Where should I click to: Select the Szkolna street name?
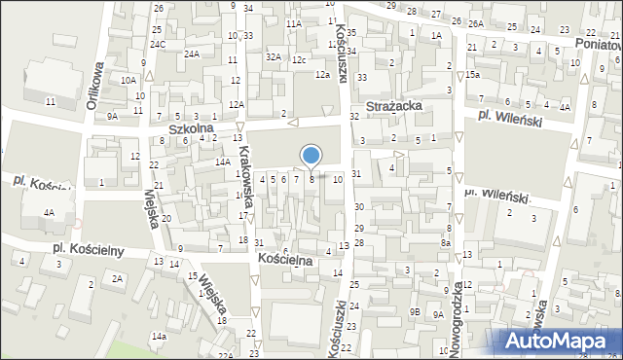(x=191, y=128)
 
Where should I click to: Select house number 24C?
(x=158, y=45)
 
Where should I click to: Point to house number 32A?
(x=274, y=57)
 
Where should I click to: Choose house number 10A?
(x=128, y=79)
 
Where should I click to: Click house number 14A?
(x=222, y=163)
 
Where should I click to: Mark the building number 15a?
(x=472, y=75)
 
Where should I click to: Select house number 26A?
(x=475, y=23)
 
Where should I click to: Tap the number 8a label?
(x=445, y=245)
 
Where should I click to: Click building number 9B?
(x=414, y=312)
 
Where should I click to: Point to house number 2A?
(x=117, y=278)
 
